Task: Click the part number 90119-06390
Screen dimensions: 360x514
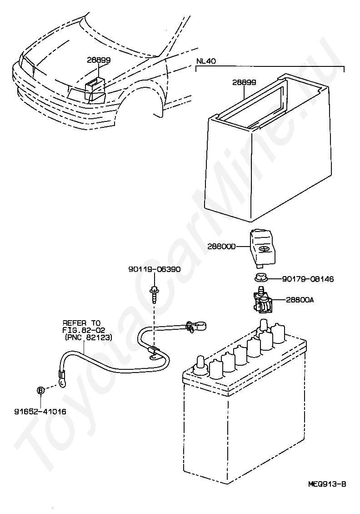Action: tap(154, 270)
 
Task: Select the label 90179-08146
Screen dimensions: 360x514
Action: tap(308, 279)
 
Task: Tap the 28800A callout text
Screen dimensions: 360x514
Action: tap(300, 300)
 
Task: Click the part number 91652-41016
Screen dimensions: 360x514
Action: tap(40, 411)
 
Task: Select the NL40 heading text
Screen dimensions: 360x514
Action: tap(206, 61)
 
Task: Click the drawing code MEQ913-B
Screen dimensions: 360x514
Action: tap(327, 484)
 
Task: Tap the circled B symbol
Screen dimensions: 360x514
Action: tap(40, 390)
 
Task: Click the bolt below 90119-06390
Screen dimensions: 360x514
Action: tap(153, 294)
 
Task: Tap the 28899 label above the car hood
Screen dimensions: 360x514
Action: tap(99, 60)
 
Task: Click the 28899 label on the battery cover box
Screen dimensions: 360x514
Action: tap(244, 82)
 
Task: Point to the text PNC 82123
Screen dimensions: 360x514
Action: tap(89, 337)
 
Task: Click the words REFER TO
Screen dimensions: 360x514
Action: tap(81, 323)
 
